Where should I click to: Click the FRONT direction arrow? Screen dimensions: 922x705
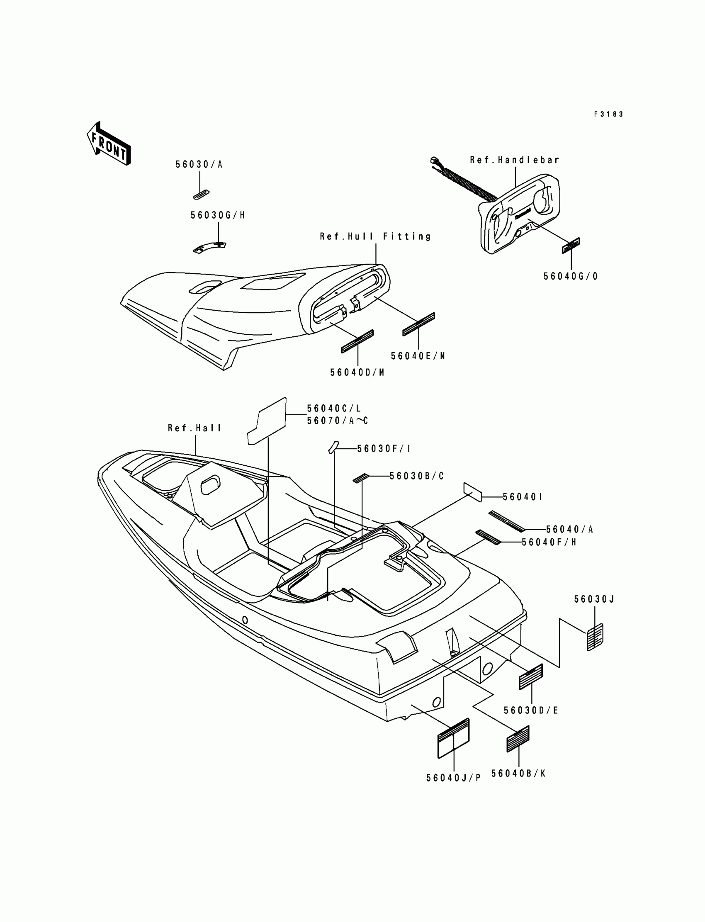point(109,144)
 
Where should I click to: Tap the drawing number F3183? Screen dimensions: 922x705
point(608,114)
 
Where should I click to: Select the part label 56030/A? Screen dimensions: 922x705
point(199,165)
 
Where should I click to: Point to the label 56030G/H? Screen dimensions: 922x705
point(218,215)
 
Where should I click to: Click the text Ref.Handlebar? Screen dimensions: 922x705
point(515,160)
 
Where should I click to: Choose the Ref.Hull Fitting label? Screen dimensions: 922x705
point(376,237)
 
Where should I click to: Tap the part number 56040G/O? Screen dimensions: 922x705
point(571,277)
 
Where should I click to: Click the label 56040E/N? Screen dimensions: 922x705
point(418,356)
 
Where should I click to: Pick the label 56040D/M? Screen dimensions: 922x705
point(357,373)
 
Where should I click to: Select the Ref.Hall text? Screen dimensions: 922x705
point(195,428)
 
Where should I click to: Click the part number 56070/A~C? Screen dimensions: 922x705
point(338,421)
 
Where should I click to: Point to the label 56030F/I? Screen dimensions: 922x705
point(384,449)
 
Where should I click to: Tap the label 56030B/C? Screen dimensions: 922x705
point(417,476)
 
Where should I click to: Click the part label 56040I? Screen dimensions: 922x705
point(523,497)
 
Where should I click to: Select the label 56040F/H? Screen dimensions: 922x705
point(549,542)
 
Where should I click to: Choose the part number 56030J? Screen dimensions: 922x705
point(594,599)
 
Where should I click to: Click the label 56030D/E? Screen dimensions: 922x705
point(531,710)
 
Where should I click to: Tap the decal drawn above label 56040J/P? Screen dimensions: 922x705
point(453,738)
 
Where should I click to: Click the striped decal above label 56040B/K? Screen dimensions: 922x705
point(518,739)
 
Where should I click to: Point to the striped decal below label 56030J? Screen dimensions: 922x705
point(595,637)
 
